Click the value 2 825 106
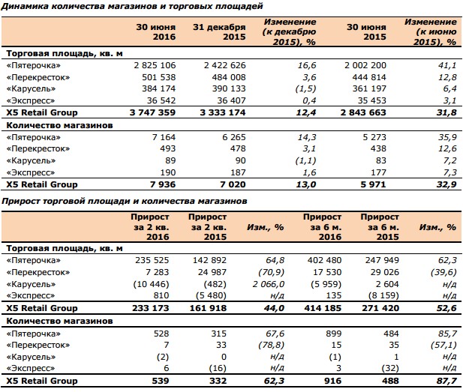click(155, 65)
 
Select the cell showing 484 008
click(229, 77)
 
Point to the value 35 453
click(371, 100)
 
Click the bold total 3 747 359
click(152, 112)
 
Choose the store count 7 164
click(164, 137)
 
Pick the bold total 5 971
click(373, 184)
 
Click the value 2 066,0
click(269, 284)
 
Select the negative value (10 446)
click(151, 284)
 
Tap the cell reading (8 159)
click(383, 295)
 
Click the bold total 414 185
click(323, 308)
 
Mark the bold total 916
click(332, 381)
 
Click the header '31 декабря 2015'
click(219, 32)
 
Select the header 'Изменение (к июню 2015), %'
click(431, 32)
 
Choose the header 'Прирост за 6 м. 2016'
click(322, 227)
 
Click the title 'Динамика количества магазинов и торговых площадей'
click(132, 6)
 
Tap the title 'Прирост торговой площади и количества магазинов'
click(125, 201)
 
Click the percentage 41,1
click(447, 65)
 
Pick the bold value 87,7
click(446, 381)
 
